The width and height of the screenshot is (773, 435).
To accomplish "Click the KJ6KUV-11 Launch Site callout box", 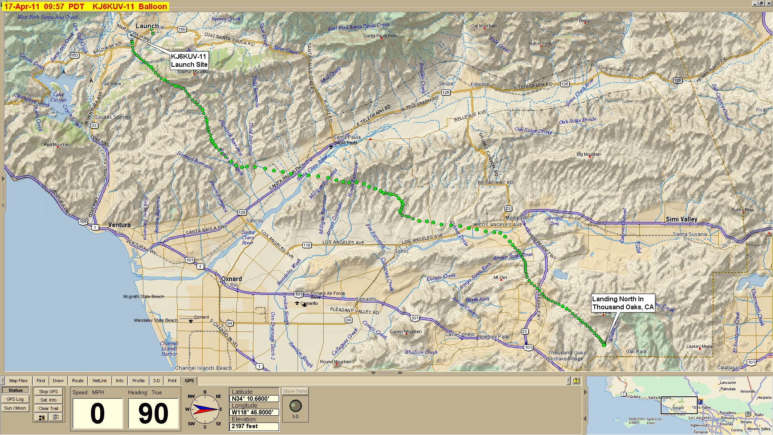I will tap(189, 60).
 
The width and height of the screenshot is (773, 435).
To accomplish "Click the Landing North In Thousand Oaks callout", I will tap(623, 303).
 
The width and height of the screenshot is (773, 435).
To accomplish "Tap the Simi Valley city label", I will tap(681, 220).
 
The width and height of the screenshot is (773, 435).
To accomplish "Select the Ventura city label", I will tap(119, 225).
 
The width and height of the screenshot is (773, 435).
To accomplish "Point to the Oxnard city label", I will tap(231, 279).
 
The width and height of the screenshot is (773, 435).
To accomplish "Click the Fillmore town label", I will tap(480, 85).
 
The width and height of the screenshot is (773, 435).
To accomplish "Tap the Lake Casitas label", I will tap(59, 97).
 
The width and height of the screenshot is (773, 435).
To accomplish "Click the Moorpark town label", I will tap(516, 218).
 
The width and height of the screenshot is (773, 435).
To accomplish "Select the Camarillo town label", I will tap(366, 299).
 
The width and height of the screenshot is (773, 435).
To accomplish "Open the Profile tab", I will tap(138, 381).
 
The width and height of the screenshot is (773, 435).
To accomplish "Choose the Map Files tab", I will tap(18, 381).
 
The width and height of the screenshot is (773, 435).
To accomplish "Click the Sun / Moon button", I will tap(15, 408).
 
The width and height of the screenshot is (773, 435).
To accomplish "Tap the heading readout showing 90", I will tap(153, 414).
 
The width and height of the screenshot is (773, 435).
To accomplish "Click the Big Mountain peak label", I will tap(589, 154).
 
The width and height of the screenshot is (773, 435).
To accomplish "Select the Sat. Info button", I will tap(48, 400).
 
